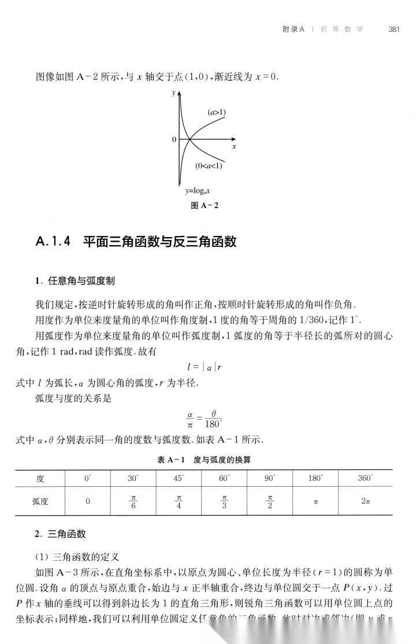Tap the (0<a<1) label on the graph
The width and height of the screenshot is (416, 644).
(209, 166)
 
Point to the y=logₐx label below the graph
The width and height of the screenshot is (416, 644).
(198, 190)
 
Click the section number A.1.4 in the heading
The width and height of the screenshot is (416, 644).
(53, 241)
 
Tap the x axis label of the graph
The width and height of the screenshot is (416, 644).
(234, 147)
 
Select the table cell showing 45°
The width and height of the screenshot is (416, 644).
(178, 479)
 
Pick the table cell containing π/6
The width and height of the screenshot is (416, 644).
(132, 502)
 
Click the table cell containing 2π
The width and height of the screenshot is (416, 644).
(366, 502)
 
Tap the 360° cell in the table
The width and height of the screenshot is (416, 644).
(366, 479)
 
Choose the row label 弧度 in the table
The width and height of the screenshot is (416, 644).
(40, 502)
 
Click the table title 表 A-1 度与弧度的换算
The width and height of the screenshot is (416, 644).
(207, 460)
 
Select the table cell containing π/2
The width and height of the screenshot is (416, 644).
(270, 502)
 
